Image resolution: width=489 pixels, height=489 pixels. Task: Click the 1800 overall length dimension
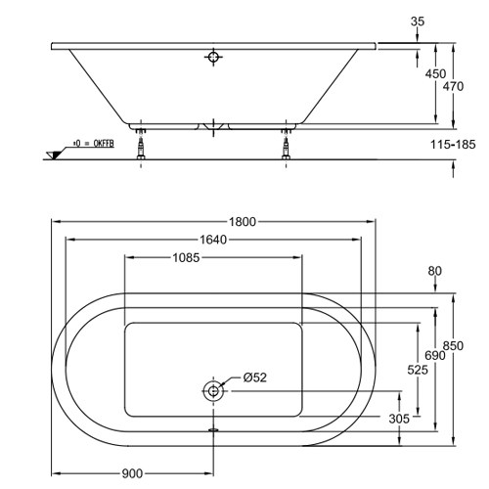click(243, 222)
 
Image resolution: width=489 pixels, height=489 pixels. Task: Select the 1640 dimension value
click(213, 240)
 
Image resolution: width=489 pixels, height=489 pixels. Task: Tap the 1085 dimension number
click(186, 257)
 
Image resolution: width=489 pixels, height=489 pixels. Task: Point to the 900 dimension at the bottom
click(132, 473)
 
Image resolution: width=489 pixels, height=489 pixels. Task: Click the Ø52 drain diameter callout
click(255, 378)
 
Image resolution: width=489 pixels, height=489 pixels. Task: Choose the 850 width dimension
click(453, 345)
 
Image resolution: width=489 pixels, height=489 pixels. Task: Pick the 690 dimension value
click(435, 355)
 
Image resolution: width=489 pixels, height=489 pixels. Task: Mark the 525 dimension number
click(418, 370)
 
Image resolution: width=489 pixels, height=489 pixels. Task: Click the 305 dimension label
click(399, 419)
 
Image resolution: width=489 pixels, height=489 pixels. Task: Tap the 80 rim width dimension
click(435, 271)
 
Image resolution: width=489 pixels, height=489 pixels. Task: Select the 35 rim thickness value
click(418, 22)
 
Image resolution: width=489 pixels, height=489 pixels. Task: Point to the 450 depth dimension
click(435, 74)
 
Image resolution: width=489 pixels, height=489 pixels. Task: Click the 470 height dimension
click(453, 86)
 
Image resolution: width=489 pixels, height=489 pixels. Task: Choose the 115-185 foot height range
click(453, 144)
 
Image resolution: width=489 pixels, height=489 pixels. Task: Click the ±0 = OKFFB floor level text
click(94, 144)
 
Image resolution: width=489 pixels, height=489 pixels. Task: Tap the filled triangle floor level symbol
click(55, 156)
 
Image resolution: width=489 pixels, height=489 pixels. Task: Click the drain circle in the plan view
click(213, 390)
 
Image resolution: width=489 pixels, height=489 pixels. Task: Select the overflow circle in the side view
click(213, 57)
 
